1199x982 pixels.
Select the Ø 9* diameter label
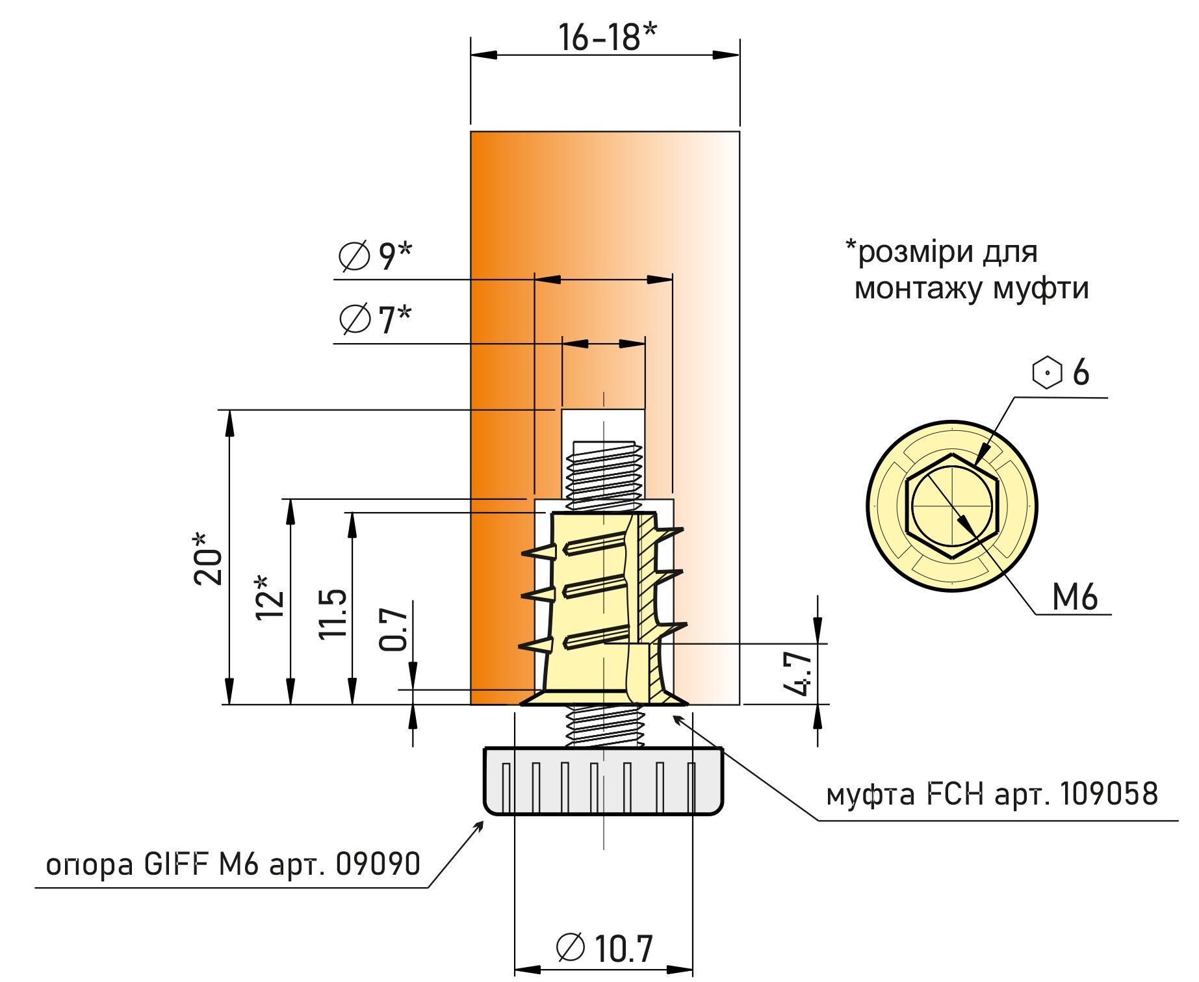[376, 255]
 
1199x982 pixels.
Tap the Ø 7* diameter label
[376, 318]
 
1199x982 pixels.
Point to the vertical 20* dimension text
[208, 559]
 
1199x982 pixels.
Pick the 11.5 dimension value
[333, 614]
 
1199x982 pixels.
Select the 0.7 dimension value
[393, 629]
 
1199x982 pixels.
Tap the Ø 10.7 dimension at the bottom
[604, 948]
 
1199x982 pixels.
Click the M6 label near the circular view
[1074, 597]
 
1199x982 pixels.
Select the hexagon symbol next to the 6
[1046, 372]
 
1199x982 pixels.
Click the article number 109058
[1109, 794]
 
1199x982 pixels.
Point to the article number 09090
[378, 864]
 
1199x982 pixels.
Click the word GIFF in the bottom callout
[175, 864]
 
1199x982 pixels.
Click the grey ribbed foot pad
[603, 781]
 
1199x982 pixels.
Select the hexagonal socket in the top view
[952, 506]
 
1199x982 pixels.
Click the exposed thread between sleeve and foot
[604, 727]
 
